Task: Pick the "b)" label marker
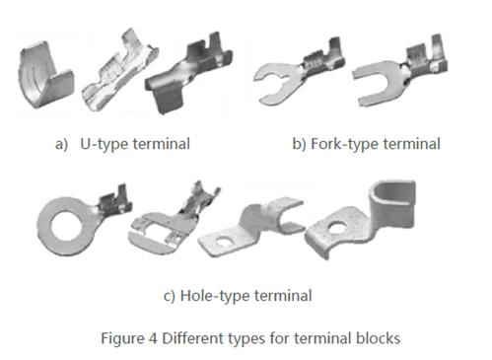point(299,143)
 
